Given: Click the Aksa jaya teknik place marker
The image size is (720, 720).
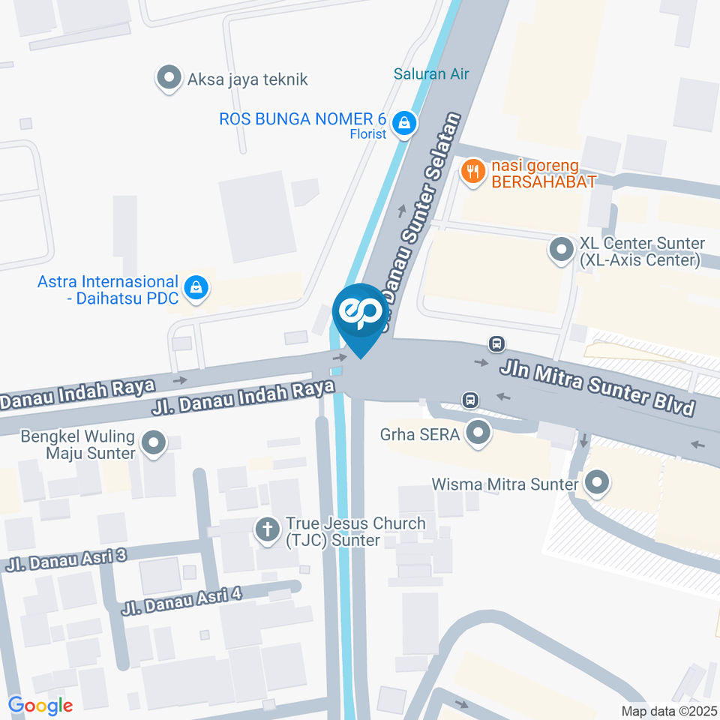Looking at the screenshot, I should point(169,78).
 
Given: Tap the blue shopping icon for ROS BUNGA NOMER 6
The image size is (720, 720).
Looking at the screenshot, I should point(404,124).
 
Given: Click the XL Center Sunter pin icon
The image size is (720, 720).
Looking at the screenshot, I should point(561,250).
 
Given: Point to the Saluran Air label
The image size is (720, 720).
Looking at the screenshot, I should point(431,73).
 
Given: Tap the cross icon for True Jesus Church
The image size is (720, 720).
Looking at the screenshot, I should point(266,530).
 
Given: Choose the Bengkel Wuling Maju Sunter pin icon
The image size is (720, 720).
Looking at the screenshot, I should point(154,443).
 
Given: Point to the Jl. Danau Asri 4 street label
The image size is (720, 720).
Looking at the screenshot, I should point(184,599).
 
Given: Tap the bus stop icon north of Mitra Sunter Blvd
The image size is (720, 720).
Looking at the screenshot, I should point(496,343).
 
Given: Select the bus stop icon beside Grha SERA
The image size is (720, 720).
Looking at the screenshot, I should point(470,400).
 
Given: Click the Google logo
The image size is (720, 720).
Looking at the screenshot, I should point(40,705).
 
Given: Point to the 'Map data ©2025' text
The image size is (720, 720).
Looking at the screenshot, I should point(667,710).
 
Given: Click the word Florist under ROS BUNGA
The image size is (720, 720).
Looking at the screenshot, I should point(368,134).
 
